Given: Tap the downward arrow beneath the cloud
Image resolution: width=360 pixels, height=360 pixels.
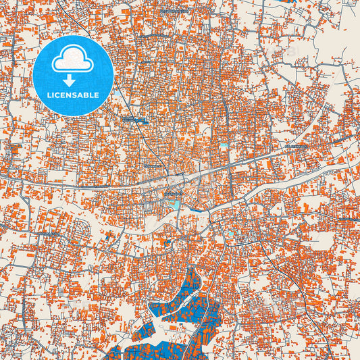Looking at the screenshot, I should pos(72,79).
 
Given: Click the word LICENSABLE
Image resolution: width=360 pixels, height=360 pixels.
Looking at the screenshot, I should pos(72,95).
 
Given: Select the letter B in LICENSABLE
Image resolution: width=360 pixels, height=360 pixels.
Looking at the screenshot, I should pos(88,95).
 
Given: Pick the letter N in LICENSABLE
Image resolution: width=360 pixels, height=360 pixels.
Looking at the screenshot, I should pos(70,95).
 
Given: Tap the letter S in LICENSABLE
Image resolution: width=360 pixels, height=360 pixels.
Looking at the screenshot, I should pos(76,95).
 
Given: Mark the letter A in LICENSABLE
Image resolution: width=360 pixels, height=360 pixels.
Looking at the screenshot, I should pos(82,95).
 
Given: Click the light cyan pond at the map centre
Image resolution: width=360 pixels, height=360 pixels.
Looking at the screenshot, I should pos(174,204).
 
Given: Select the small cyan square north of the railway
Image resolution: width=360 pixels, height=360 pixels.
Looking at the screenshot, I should pos(224,145).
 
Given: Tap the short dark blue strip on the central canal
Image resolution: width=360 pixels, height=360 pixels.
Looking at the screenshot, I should pos(198,209).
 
